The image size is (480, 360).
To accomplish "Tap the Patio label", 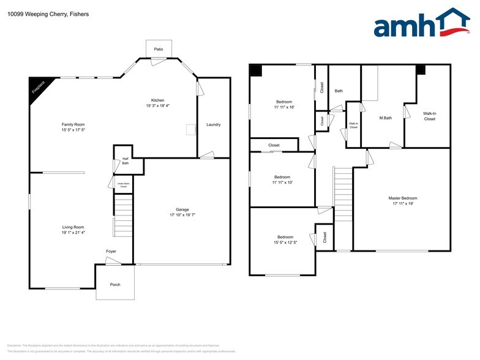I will coord(159,48).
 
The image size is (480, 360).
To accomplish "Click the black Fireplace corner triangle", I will coord(39,87).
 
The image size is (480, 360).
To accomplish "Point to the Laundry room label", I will coord(213,125).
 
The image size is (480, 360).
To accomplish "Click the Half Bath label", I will coord(125,161).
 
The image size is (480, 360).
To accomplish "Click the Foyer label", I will coord(111,251).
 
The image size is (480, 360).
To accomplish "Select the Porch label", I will coord(115,285).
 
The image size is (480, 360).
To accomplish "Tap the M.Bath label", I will coord(385,118).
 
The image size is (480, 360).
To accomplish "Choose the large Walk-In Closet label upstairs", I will coord(430,116).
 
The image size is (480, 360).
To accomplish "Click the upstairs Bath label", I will coord(339,91).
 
